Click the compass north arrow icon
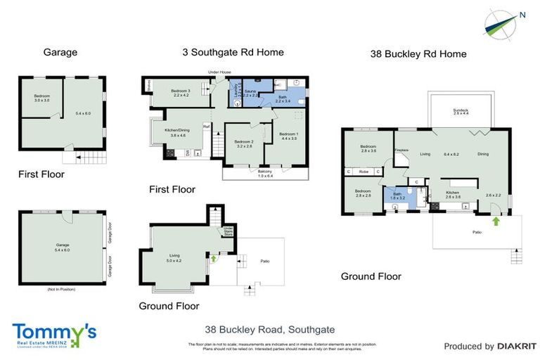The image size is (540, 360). click(502, 21)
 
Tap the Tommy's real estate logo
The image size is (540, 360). click(54, 333)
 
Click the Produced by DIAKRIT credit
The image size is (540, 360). click(490, 346)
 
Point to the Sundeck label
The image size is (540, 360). click(461, 112)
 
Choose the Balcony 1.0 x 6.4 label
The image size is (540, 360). click(265, 173)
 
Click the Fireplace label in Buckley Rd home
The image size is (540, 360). click(401, 150)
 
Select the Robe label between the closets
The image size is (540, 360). click(364, 172)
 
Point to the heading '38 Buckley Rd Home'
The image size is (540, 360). click(418, 53)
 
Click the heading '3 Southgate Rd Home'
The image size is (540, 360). click(233, 52)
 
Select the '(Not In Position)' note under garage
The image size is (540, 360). click(61, 290)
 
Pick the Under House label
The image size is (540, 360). click(219, 72)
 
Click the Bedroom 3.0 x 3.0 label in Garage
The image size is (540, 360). click(43, 98)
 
